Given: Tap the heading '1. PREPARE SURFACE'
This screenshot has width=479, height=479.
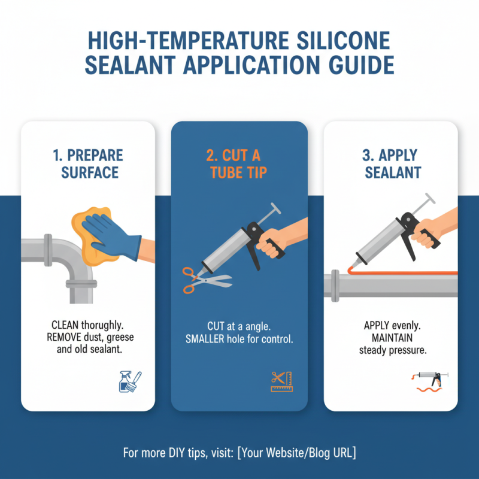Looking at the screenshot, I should click(x=88, y=164).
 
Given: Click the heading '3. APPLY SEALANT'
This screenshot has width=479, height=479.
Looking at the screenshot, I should click(x=392, y=164).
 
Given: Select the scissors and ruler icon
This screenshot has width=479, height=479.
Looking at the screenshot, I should click(x=280, y=381).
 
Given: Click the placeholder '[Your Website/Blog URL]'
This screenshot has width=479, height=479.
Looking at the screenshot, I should click(x=296, y=453).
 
